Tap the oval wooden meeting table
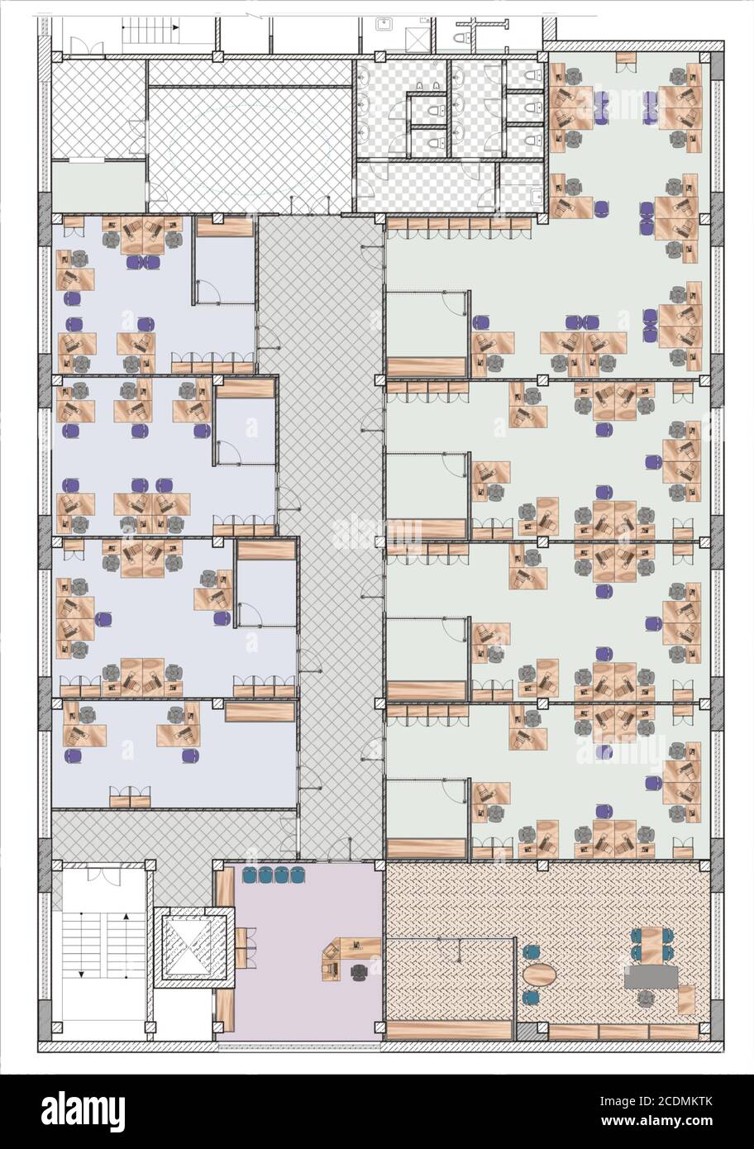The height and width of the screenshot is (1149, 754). [539, 973]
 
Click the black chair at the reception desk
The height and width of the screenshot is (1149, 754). [359, 971]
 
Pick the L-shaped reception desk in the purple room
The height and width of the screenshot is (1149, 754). [349, 951]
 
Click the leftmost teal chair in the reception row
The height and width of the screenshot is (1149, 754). [250, 875]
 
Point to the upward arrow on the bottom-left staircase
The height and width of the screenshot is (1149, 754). [126, 916]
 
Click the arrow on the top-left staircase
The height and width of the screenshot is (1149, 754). [176, 26]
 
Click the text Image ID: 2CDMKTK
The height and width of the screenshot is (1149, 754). [656, 1101]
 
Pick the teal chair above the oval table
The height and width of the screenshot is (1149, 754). [532, 951]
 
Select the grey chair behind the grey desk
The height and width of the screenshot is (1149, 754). [646, 999]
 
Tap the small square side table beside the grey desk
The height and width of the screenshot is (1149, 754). [687, 999]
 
